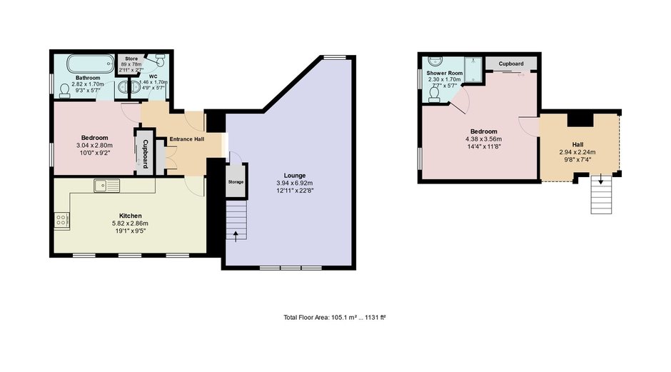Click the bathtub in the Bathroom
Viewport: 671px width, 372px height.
tap(90, 64)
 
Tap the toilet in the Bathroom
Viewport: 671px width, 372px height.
tap(65, 90)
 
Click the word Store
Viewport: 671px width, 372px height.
tap(131, 59)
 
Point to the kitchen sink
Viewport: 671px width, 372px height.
tap(107, 186)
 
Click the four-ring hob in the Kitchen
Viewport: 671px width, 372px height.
tap(61, 221)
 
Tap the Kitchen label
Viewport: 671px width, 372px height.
tap(130, 216)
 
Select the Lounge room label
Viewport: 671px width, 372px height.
tap(295, 176)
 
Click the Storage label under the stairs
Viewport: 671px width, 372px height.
tap(236, 182)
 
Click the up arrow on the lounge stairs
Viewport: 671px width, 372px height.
tap(236, 236)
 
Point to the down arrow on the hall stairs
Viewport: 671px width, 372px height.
tap(601, 179)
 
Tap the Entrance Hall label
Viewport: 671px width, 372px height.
tap(187, 139)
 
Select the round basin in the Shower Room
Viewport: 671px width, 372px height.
tap(433, 61)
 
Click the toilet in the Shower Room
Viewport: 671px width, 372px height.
tap(434, 94)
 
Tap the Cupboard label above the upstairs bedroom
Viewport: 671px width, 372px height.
tap(511, 64)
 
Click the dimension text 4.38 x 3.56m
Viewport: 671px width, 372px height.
tap(483, 139)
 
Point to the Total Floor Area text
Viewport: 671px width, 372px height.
tap(335, 318)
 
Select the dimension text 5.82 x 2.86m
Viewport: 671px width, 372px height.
tap(130, 223)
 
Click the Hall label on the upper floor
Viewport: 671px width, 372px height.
tap(577, 145)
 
